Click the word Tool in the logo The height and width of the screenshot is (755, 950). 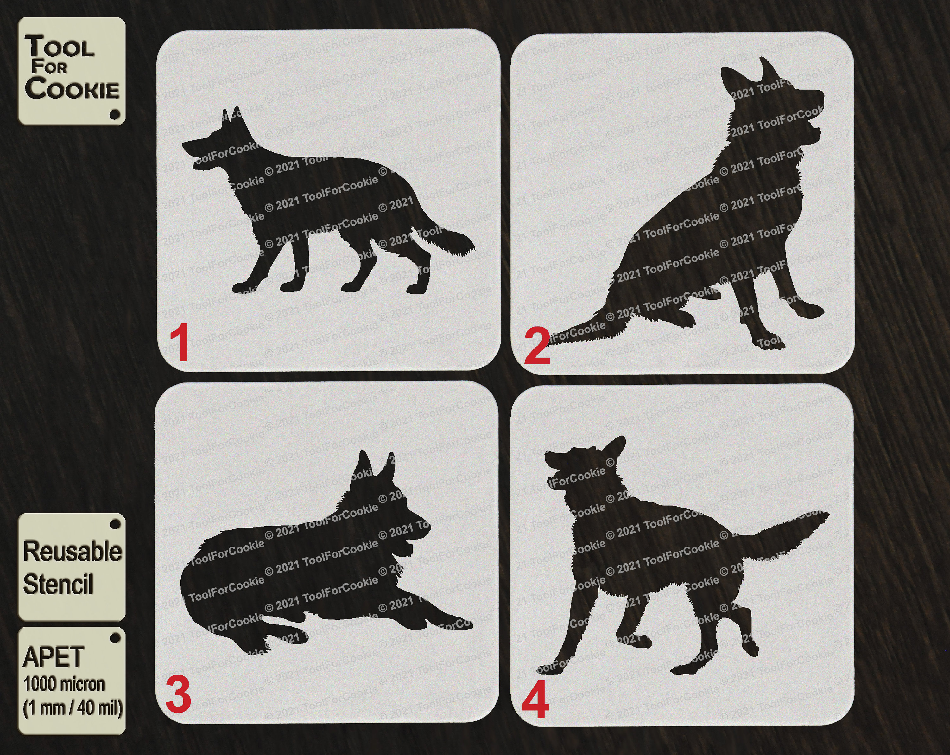[60, 47]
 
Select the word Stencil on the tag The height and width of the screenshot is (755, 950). [58, 585]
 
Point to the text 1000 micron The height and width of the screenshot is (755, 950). [64, 684]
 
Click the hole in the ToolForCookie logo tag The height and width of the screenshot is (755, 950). [115, 114]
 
